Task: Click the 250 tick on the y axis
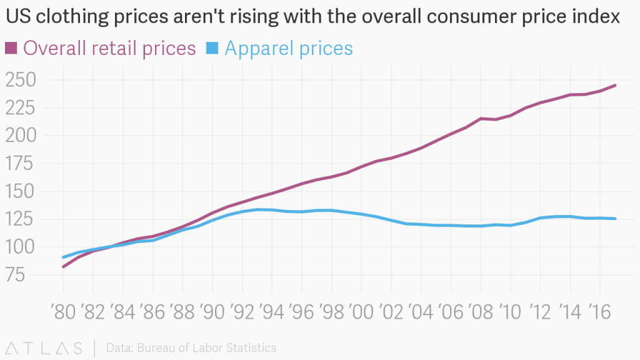click(21, 80)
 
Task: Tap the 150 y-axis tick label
click(21, 191)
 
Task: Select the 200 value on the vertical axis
click(21, 136)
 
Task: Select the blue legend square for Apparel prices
click(212, 47)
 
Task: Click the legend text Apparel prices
click(288, 48)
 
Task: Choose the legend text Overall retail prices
click(110, 48)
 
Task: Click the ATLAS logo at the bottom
click(44, 347)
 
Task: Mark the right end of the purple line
click(616, 85)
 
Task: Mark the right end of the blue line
click(616, 219)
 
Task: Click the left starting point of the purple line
click(63, 267)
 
